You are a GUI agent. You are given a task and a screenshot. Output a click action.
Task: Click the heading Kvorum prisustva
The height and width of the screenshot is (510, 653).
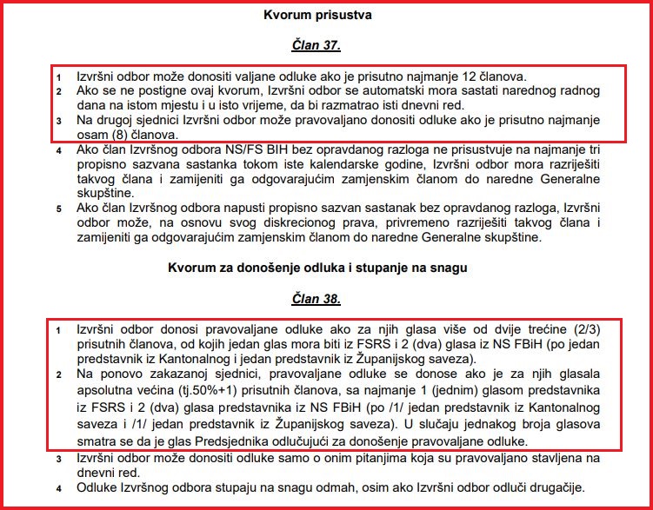tap(326, 15)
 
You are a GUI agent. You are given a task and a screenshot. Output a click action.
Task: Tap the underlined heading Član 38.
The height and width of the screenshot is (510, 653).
tap(326, 300)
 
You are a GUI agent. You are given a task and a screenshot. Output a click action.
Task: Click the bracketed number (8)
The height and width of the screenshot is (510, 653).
tap(116, 135)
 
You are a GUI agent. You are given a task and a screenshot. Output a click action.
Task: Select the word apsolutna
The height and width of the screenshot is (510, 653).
tap(110, 392)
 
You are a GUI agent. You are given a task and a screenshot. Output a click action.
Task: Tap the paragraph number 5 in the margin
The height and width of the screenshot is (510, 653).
tap(60, 209)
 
